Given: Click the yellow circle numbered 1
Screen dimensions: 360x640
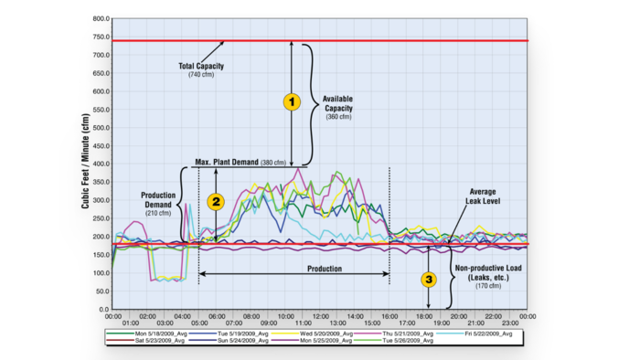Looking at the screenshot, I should coord(292,102).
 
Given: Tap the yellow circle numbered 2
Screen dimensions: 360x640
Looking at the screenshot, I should coord(216,202).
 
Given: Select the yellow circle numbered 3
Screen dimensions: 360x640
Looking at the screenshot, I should coord(427,279).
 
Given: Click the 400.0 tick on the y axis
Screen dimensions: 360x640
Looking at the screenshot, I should coord(97,164).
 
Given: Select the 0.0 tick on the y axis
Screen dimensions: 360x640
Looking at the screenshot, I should coord(101,310).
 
